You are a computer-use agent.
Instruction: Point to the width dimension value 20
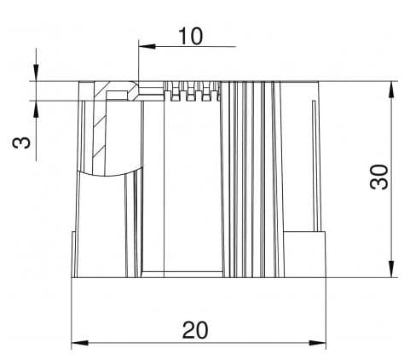196,328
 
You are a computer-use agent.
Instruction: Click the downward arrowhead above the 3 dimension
36,76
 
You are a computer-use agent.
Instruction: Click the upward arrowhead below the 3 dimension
36,106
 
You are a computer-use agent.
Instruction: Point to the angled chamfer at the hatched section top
132,88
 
